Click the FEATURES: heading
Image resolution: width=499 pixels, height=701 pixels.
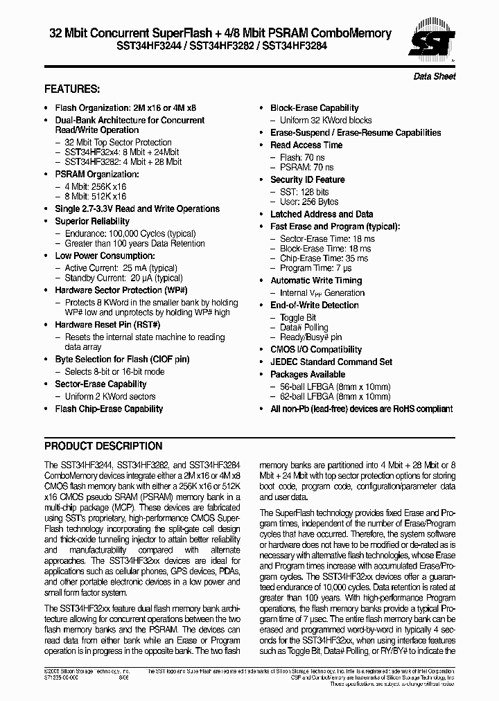click(x=72, y=89)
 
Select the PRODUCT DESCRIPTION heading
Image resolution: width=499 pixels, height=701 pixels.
click(x=103, y=446)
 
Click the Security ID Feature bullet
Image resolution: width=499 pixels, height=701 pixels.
click(x=307, y=179)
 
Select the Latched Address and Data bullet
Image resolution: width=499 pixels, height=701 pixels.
click(x=322, y=214)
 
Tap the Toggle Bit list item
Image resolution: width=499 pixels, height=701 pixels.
click(x=298, y=318)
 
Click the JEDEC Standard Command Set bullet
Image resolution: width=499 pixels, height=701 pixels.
click(x=331, y=362)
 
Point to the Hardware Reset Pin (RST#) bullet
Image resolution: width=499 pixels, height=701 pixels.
click(x=107, y=325)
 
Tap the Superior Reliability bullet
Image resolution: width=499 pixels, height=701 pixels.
click(x=92, y=221)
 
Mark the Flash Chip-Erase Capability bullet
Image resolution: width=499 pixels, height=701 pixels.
click(x=109, y=409)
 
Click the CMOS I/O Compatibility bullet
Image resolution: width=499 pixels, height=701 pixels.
click(x=316, y=350)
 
